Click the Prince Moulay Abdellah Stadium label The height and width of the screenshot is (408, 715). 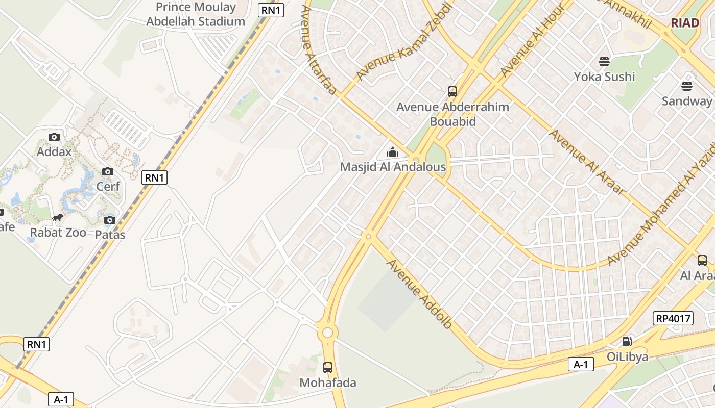click(196, 14)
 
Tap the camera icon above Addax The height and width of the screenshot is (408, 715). click(54, 137)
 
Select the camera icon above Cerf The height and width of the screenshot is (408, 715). click(108, 171)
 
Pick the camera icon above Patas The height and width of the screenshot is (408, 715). click(110, 220)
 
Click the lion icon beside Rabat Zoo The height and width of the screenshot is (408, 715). click(58, 218)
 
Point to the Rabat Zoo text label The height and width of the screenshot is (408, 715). click(58, 233)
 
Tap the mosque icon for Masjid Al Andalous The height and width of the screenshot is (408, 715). click(393, 152)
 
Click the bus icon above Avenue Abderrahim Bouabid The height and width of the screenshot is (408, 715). click(452, 92)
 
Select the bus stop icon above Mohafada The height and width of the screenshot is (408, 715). click(328, 367)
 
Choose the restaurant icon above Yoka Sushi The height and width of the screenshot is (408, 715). click(604, 62)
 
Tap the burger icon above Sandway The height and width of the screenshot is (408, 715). click(686, 86)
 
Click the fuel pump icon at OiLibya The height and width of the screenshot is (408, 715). click(627, 341)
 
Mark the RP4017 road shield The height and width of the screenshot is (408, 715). click(673, 319)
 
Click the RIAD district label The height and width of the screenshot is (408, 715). click(684, 23)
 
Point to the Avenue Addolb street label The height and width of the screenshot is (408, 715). click(419, 294)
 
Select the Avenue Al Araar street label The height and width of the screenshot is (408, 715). click(587, 162)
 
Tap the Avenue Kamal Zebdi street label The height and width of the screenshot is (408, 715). click(404, 42)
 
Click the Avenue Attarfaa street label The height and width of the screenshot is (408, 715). click(319, 50)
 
